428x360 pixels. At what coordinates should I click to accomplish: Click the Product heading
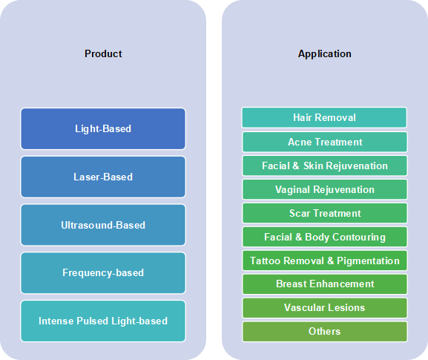coord(103,53)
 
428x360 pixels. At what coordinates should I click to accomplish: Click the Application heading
coord(325,53)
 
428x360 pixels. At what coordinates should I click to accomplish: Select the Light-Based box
coord(103,128)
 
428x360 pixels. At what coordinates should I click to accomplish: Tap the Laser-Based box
coord(103,177)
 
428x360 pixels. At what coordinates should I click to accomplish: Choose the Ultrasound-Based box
coord(103,225)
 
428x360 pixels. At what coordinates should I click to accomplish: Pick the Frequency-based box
coord(103,273)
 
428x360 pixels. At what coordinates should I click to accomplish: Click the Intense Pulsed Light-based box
coord(103,321)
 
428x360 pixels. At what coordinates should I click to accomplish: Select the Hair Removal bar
coord(324,117)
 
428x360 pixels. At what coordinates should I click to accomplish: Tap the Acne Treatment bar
coord(325,142)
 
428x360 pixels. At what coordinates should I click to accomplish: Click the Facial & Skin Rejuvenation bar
coord(325,166)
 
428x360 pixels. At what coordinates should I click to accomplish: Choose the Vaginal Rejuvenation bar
coord(325,189)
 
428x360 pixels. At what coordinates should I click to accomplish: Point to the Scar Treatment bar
coord(325,213)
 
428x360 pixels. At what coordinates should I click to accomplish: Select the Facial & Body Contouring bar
coord(325,237)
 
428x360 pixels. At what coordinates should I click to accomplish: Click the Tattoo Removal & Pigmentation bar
coord(325,261)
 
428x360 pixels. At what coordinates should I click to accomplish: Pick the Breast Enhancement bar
coord(325,284)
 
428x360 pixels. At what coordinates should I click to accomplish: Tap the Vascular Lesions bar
coord(325,308)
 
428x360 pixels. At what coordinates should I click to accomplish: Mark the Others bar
coord(325,332)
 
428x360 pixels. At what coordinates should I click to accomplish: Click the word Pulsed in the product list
coord(93,321)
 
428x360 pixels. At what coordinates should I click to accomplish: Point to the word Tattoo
coord(266,261)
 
